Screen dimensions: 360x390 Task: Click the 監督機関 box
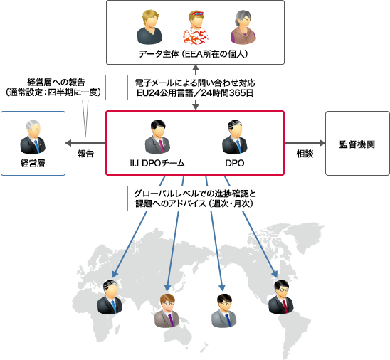pyautogui.click(x=357, y=143)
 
